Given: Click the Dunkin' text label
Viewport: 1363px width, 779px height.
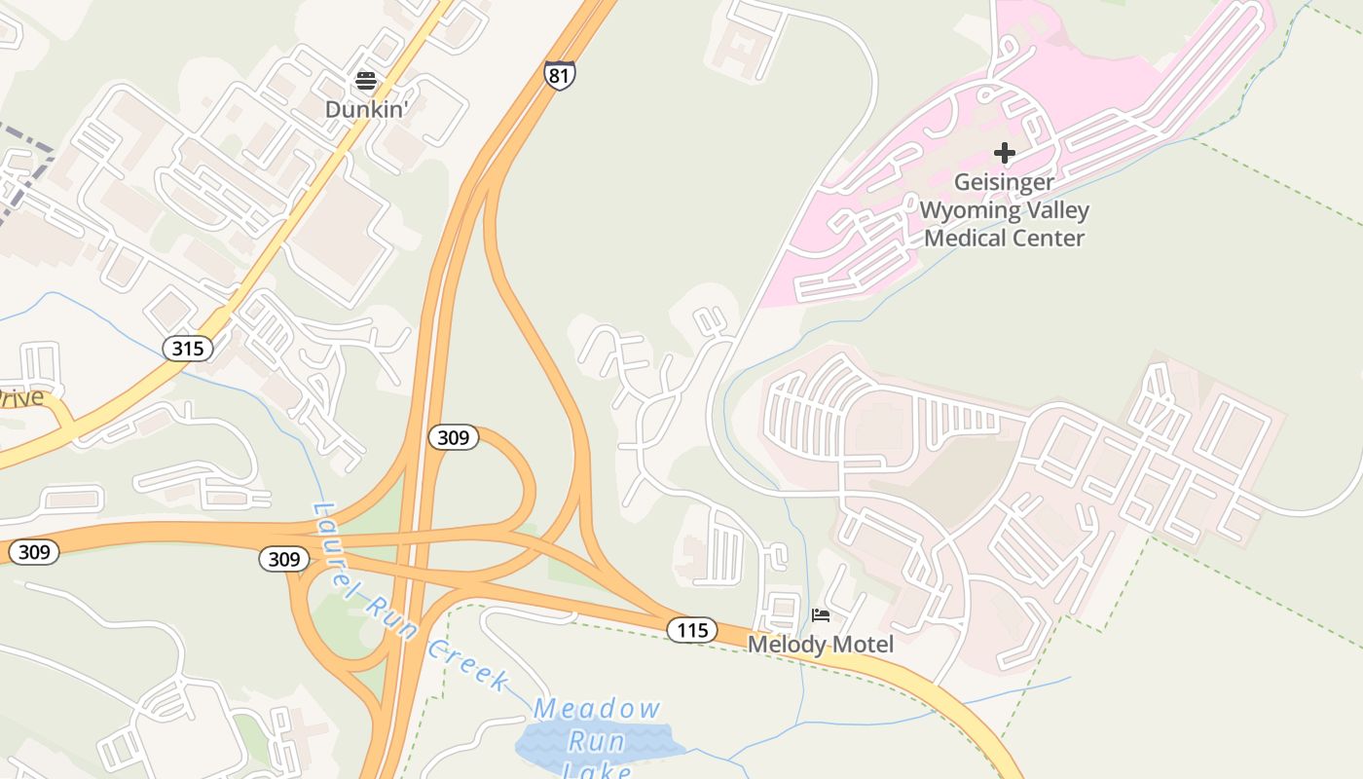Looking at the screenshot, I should [365, 109].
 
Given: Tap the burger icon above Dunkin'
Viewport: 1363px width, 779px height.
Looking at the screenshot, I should [366, 80].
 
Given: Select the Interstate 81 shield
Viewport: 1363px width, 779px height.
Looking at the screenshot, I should [560, 75].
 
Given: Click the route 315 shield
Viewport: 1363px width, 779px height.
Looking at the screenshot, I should [188, 348].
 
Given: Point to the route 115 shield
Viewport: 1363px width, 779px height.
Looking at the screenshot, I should [692, 630].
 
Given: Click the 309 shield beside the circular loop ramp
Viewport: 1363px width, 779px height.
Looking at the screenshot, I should [454, 437].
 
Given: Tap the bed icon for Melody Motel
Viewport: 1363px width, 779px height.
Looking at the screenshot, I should [821, 615].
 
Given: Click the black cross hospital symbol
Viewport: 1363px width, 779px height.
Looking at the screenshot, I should [1004, 153].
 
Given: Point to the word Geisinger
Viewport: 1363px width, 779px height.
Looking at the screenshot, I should [1004, 182].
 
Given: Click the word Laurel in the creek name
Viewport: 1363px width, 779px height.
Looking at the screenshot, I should [338, 545].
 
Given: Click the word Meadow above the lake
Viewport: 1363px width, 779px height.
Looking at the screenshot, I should [598, 708].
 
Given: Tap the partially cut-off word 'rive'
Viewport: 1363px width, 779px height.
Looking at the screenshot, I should [21, 397].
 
